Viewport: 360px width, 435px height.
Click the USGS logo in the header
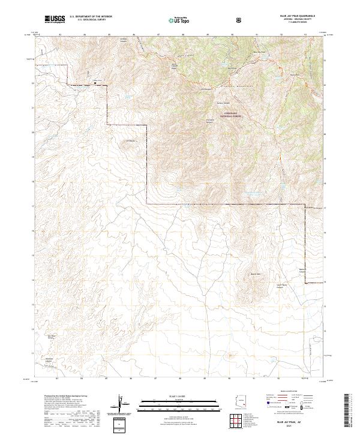(55, 19)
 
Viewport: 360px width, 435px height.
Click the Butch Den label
(256, 274)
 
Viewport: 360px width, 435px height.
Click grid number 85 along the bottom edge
(109, 379)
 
